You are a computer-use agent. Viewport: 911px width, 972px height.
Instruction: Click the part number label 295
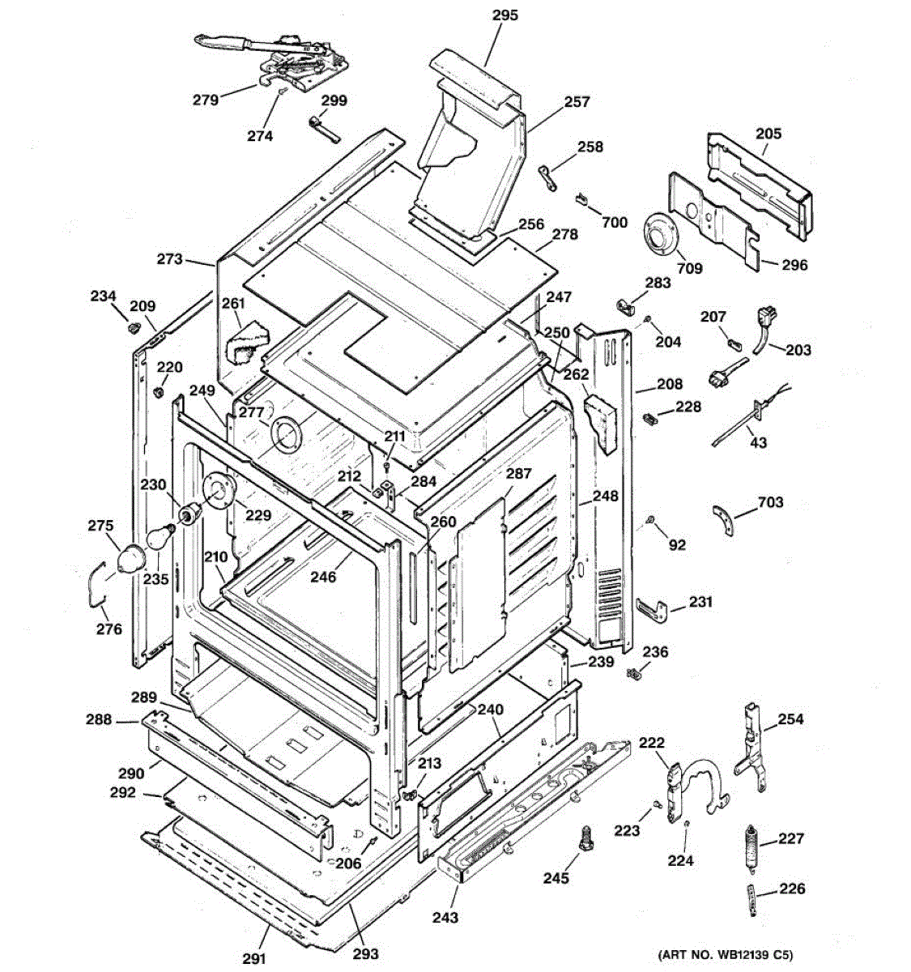click(x=504, y=15)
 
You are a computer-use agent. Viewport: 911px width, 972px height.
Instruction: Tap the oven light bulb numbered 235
click(x=160, y=537)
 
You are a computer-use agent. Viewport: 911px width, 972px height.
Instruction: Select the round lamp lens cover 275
click(x=130, y=559)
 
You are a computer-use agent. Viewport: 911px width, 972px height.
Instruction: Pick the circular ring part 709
click(x=665, y=236)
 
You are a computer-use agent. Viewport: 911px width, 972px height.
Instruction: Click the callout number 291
click(x=254, y=958)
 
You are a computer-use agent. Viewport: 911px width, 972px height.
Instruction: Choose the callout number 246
click(x=323, y=578)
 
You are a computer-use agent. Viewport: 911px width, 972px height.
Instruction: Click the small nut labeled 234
click(x=130, y=327)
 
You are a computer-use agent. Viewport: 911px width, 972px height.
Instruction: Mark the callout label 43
click(x=759, y=443)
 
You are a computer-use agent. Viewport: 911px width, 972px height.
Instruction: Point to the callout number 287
click(x=518, y=474)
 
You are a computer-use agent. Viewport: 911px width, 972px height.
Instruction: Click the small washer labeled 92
click(x=650, y=519)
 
